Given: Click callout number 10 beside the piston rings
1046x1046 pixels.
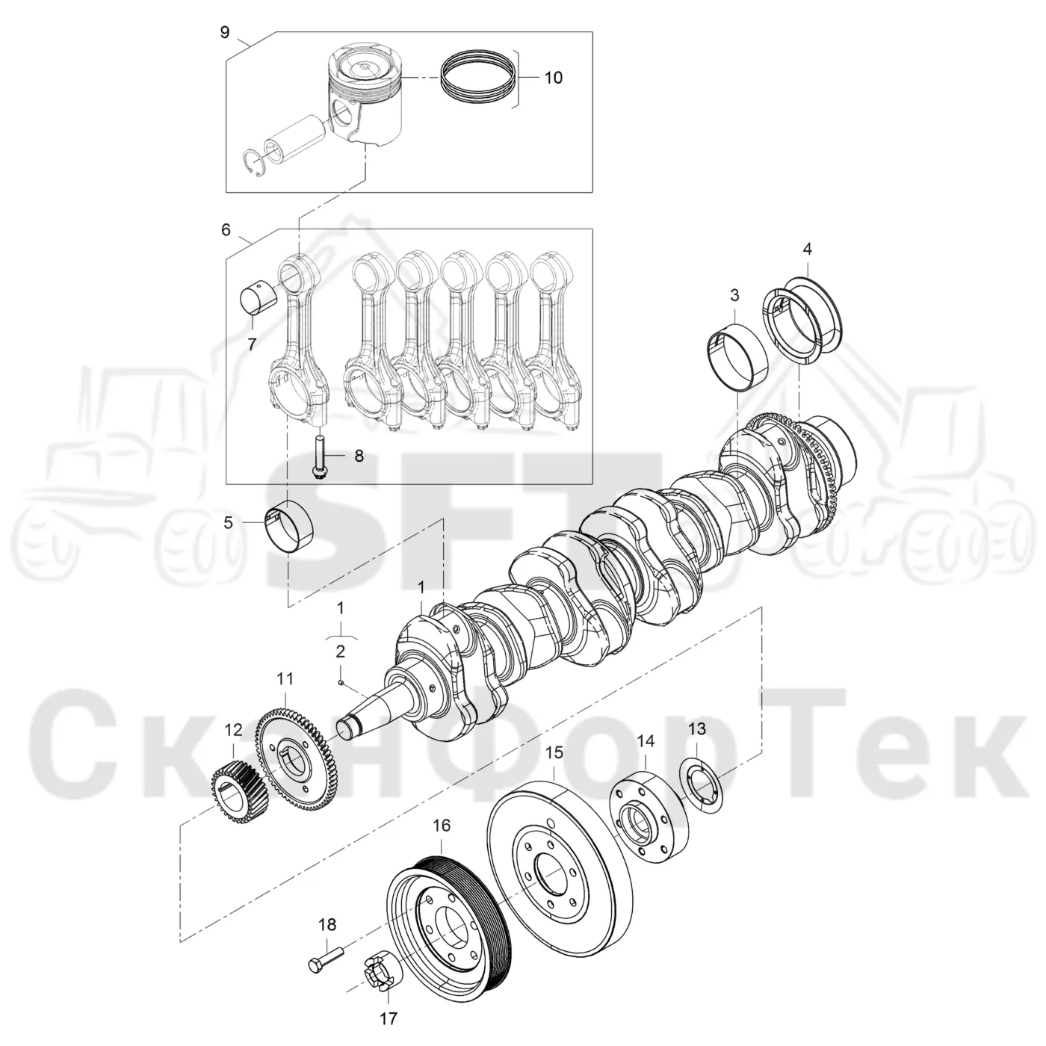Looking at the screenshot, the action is [x=553, y=78].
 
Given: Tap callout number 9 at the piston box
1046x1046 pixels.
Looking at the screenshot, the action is [x=225, y=32].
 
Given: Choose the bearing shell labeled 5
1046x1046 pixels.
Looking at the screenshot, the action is [x=291, y=526].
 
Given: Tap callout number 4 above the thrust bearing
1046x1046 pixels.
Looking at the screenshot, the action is [x=807, y=249].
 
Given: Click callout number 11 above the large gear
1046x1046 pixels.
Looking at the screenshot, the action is [x=285, y=679].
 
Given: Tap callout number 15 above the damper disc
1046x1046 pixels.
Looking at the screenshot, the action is [x=554, y=753].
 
